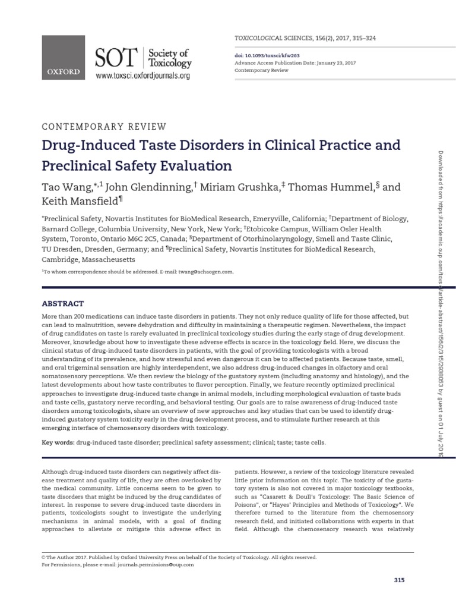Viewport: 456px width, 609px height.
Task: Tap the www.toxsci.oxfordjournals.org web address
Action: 142,76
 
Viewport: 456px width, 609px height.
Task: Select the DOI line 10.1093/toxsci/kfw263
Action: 265,54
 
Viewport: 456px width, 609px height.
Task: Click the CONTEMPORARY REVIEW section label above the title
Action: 103,126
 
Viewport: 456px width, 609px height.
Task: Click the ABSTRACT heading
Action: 62,303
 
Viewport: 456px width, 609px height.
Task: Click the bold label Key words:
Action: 58,442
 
